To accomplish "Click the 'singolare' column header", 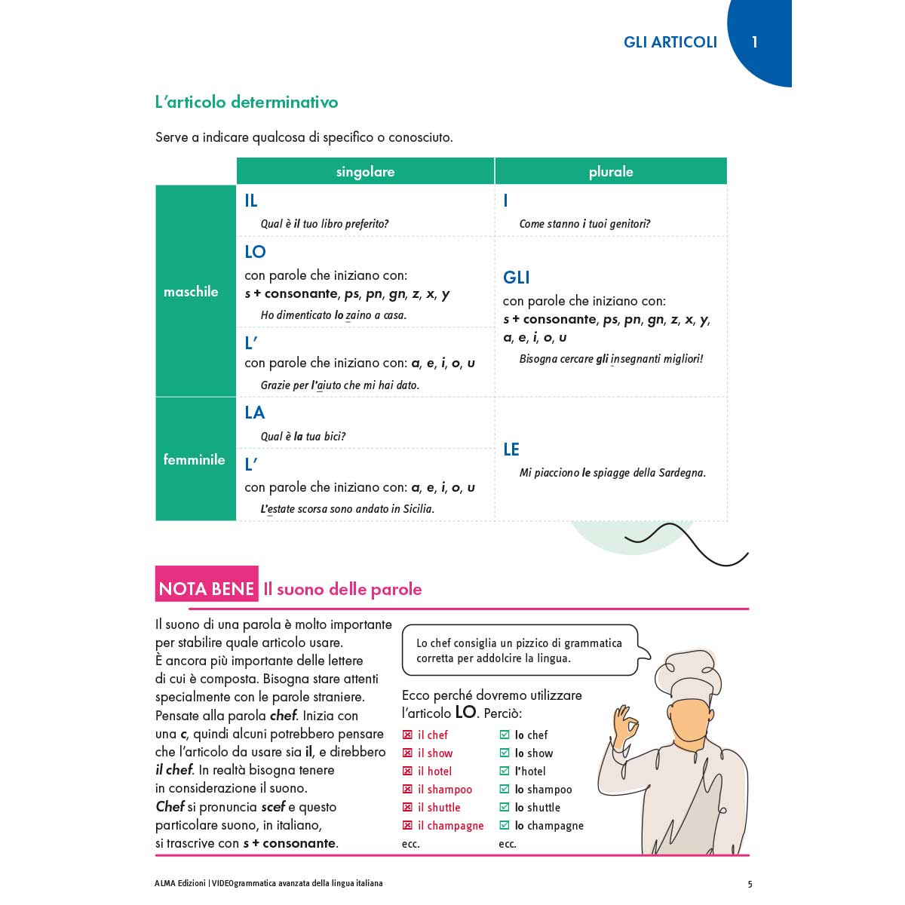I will pyautogui.click(x=365, y=172).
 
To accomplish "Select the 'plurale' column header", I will pyautogui.click(x=610, y=172).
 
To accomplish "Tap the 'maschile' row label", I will pyautogui.click(x=191, y=292).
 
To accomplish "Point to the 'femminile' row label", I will pyautogui.click(x=194, y=459).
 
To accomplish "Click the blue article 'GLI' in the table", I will pyautogui.click(x=517, y=278).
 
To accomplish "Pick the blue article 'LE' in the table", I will pyautogui.click(x=511, y=449).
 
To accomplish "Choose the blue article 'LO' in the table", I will pyautogui.click(x=255, y=252).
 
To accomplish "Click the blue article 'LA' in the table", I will pyautogui.click(x=254, y=413).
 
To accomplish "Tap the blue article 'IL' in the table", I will pyautogui.click(x=251, y=201).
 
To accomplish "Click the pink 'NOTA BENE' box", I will pyautogui.click(x=207, y=588).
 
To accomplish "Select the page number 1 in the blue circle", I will pyautogui.click(x=754, y=42).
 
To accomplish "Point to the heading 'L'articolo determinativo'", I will pyautogui.click(x=247, y=102).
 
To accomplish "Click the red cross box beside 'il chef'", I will pyautogui.click(x=407, y=735).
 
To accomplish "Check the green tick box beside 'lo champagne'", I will pyautogui.click(x=505, y=825).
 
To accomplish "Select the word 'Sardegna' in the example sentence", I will pyautogui.click(x=682, y=473).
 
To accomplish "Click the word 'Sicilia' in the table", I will pyautogui.click(x=418, y=509).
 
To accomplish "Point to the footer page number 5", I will pyautogui.click(x=750, y=884).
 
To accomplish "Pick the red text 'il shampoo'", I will pyautogui.click(x=445, y=790).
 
